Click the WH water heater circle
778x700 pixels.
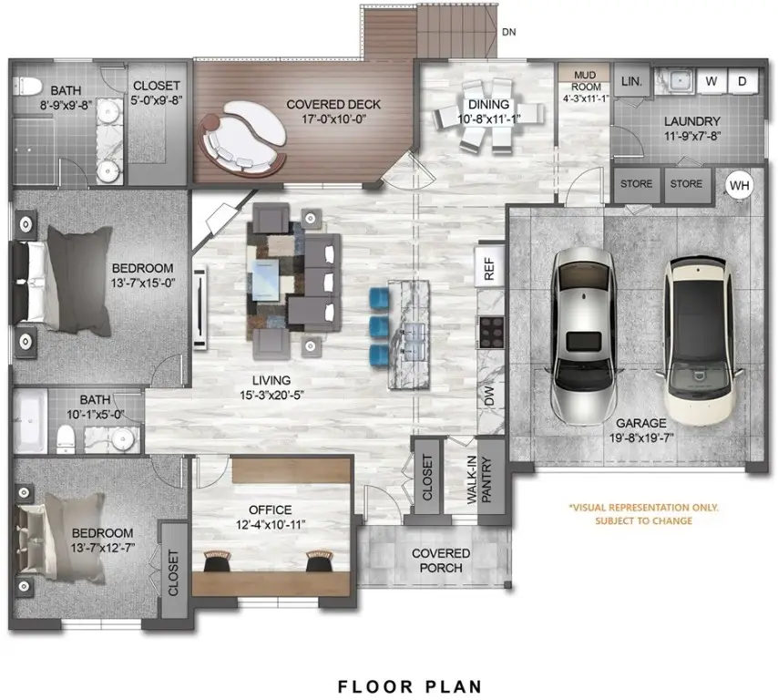740,185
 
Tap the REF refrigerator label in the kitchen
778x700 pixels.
489,267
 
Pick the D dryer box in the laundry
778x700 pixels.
742,82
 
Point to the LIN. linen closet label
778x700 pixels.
631,82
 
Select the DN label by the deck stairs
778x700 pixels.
510,32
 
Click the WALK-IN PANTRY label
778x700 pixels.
490,479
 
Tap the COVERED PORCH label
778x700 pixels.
441,561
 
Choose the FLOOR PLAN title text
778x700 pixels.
409,685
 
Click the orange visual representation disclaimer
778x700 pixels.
643,514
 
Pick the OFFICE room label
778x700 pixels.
271,510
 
